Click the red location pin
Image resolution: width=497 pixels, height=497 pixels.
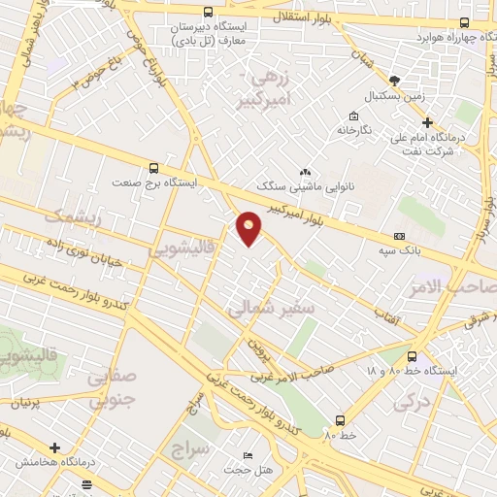(249, 227)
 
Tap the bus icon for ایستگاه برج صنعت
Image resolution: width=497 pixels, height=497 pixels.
(153, 167)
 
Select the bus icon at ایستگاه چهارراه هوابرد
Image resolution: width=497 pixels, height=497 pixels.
(464, 22)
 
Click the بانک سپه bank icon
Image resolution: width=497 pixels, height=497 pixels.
(399, 237)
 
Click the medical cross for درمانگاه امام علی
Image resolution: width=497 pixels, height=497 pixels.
(428, 122)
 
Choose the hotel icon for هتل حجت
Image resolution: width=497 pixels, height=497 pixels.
(248, 456)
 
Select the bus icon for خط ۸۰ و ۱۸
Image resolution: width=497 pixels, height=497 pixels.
(413, 357)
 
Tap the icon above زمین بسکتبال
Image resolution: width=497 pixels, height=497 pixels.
(394, 80)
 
